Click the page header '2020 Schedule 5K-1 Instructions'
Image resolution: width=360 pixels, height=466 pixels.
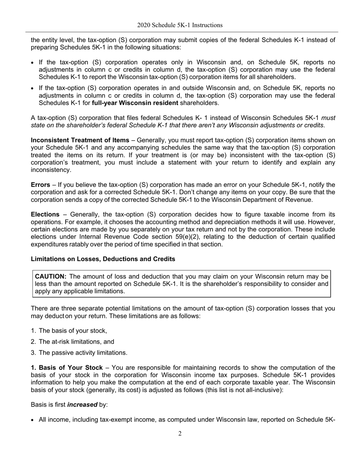(180, 25)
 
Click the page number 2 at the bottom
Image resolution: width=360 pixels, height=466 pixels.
(180, 433)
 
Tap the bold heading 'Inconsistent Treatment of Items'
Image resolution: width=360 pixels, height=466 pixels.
(80, 140)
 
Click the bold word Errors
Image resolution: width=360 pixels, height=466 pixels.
(40, 185)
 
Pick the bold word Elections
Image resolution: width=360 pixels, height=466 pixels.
(45, 214)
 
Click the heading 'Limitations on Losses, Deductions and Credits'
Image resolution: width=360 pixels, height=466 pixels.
(103, 259)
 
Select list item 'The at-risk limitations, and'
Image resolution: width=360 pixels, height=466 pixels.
(76, 341)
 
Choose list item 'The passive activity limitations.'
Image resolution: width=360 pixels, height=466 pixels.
(83, 353)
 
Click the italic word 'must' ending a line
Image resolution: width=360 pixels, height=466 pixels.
(328, 118)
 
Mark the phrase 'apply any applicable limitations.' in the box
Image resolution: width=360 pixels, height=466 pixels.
(80, 291)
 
